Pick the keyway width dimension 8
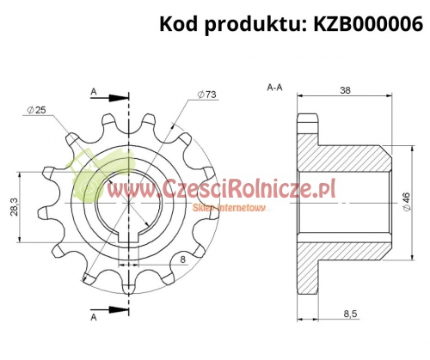(183, 257)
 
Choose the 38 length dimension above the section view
(344, 88)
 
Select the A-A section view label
(276, 88)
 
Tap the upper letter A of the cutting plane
(93, 88)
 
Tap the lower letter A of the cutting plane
(93, 317)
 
